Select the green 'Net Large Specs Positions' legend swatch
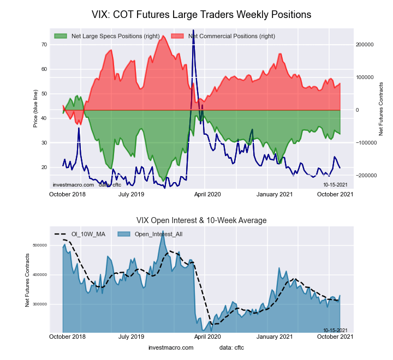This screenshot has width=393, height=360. [x=61, y=36]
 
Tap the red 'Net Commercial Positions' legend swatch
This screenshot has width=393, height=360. [x=177, y=36]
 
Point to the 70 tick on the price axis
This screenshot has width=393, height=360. [x=44, y=45]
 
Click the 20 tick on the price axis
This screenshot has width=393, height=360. [x=44, y=167]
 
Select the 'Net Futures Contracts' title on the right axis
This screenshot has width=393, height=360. [x=381, y=109]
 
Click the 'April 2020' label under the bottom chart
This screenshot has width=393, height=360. [x=207, y=337]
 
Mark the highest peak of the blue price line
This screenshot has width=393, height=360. [x=193, y=46]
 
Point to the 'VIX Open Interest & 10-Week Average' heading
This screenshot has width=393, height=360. [x=201, y=220]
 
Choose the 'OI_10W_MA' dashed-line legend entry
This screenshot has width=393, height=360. [x=80, y=234]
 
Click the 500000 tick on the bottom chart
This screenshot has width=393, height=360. [x=39, y=245]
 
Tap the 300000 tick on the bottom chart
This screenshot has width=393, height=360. [x=39, y=304]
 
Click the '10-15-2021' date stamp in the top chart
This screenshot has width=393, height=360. [x=335, y=185]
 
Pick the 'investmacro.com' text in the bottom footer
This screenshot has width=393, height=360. [x=171, y=347]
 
